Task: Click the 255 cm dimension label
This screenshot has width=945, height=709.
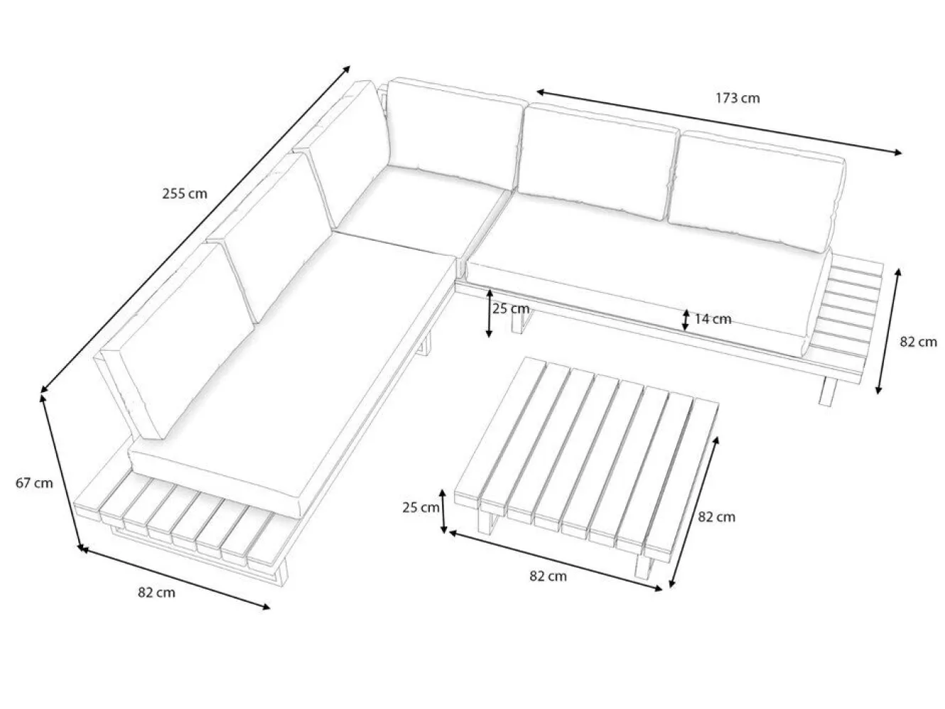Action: [x=184, y=194]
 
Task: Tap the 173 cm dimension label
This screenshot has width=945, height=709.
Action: [x=738, y=98]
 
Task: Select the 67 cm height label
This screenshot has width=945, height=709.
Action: [x=34, y=483]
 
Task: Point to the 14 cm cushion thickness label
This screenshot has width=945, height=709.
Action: [x=713, y=319]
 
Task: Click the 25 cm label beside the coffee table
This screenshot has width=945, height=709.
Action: [x=421, y=507]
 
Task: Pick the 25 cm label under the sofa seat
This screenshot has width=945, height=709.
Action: [x=511, y=308]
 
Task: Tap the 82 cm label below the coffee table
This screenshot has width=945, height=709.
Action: [x=548, y=576]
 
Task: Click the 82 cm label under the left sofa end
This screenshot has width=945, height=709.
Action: [x=156, y=592]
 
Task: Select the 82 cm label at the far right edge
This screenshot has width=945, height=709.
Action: [x=918, y=342]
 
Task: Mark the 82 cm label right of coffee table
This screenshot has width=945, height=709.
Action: [x=716, y=516]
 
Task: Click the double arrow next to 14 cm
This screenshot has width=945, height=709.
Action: [x=685, y=320]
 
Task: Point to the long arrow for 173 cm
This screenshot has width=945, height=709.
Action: [x=719, y=122]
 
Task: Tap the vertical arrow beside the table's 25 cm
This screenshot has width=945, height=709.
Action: [x=443, y=511]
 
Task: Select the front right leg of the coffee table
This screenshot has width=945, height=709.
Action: [x=646, y=569]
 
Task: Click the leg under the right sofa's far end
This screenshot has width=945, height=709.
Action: [x=828, y=391]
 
